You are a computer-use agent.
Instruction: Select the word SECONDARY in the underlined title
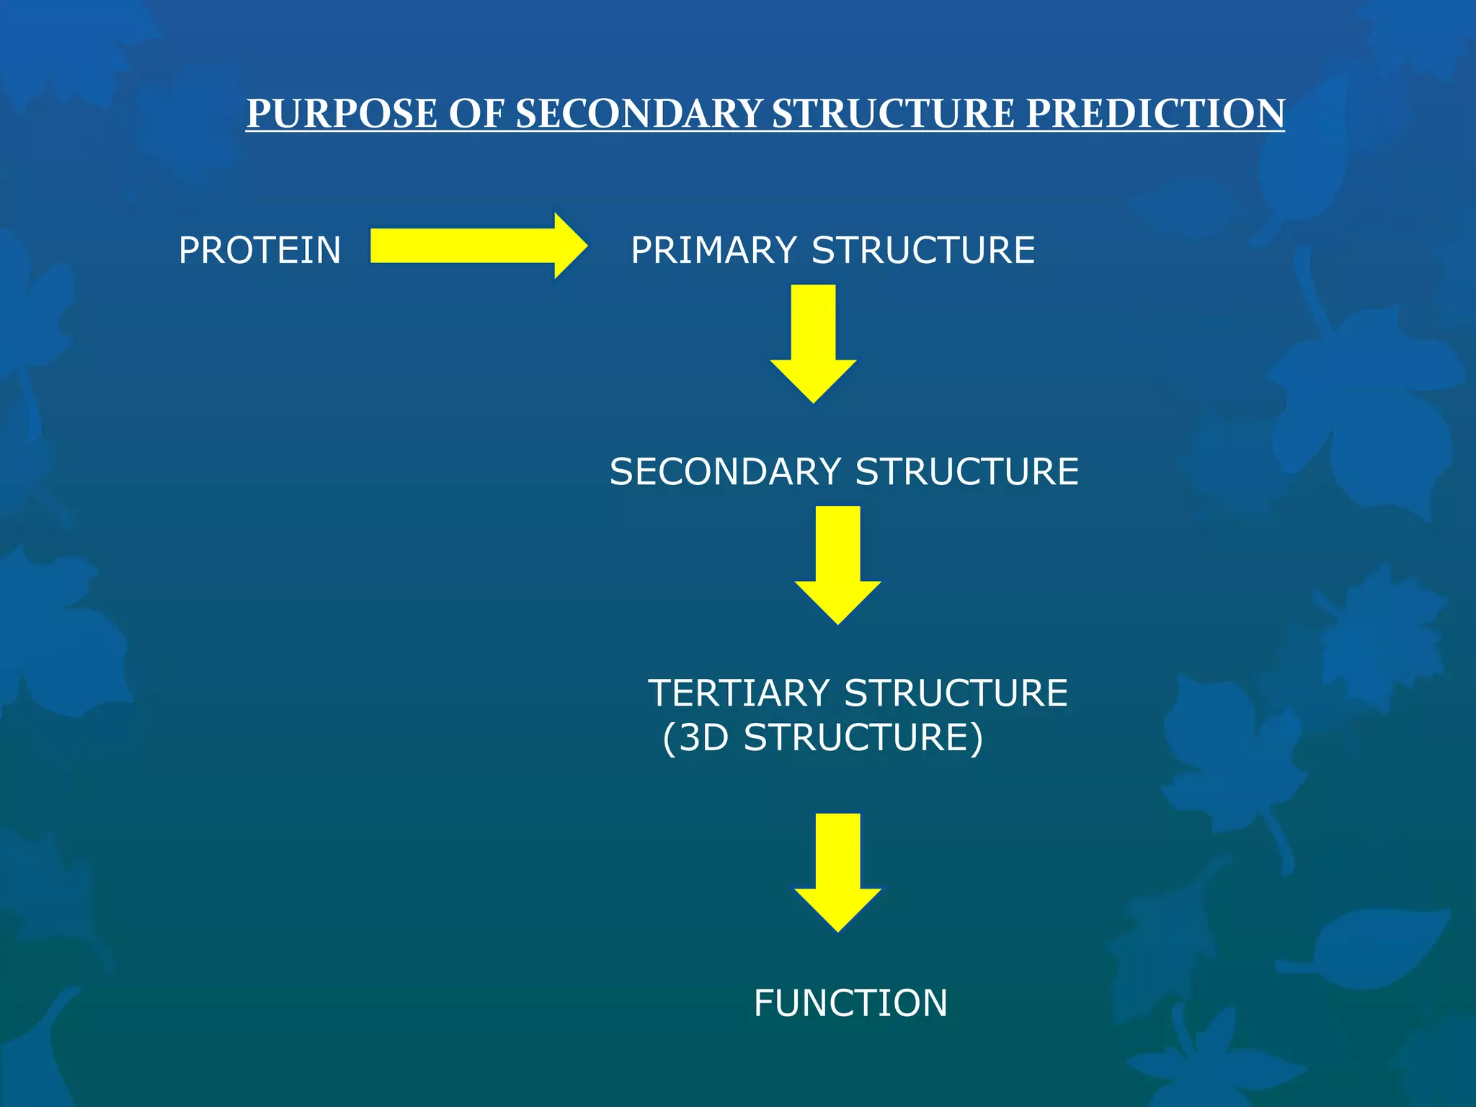[x=639, y=114]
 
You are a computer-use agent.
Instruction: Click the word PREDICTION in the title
[x=1155, y=114]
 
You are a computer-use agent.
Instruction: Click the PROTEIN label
[x=259, y=251]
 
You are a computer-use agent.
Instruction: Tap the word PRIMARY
[x=713, y=251]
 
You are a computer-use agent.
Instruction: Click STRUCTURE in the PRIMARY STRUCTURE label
[x=923, y=251]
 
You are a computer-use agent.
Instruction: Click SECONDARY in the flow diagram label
[x=725, y=472]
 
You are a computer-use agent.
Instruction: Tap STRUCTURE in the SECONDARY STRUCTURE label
[x=966, y=472]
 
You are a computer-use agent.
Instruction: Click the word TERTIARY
[x=739, y=693]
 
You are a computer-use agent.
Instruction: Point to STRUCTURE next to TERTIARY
[x=956, y=693]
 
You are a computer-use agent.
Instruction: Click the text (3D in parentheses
[x=695, y=738]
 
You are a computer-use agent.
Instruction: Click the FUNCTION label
[x=850, y=1003]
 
